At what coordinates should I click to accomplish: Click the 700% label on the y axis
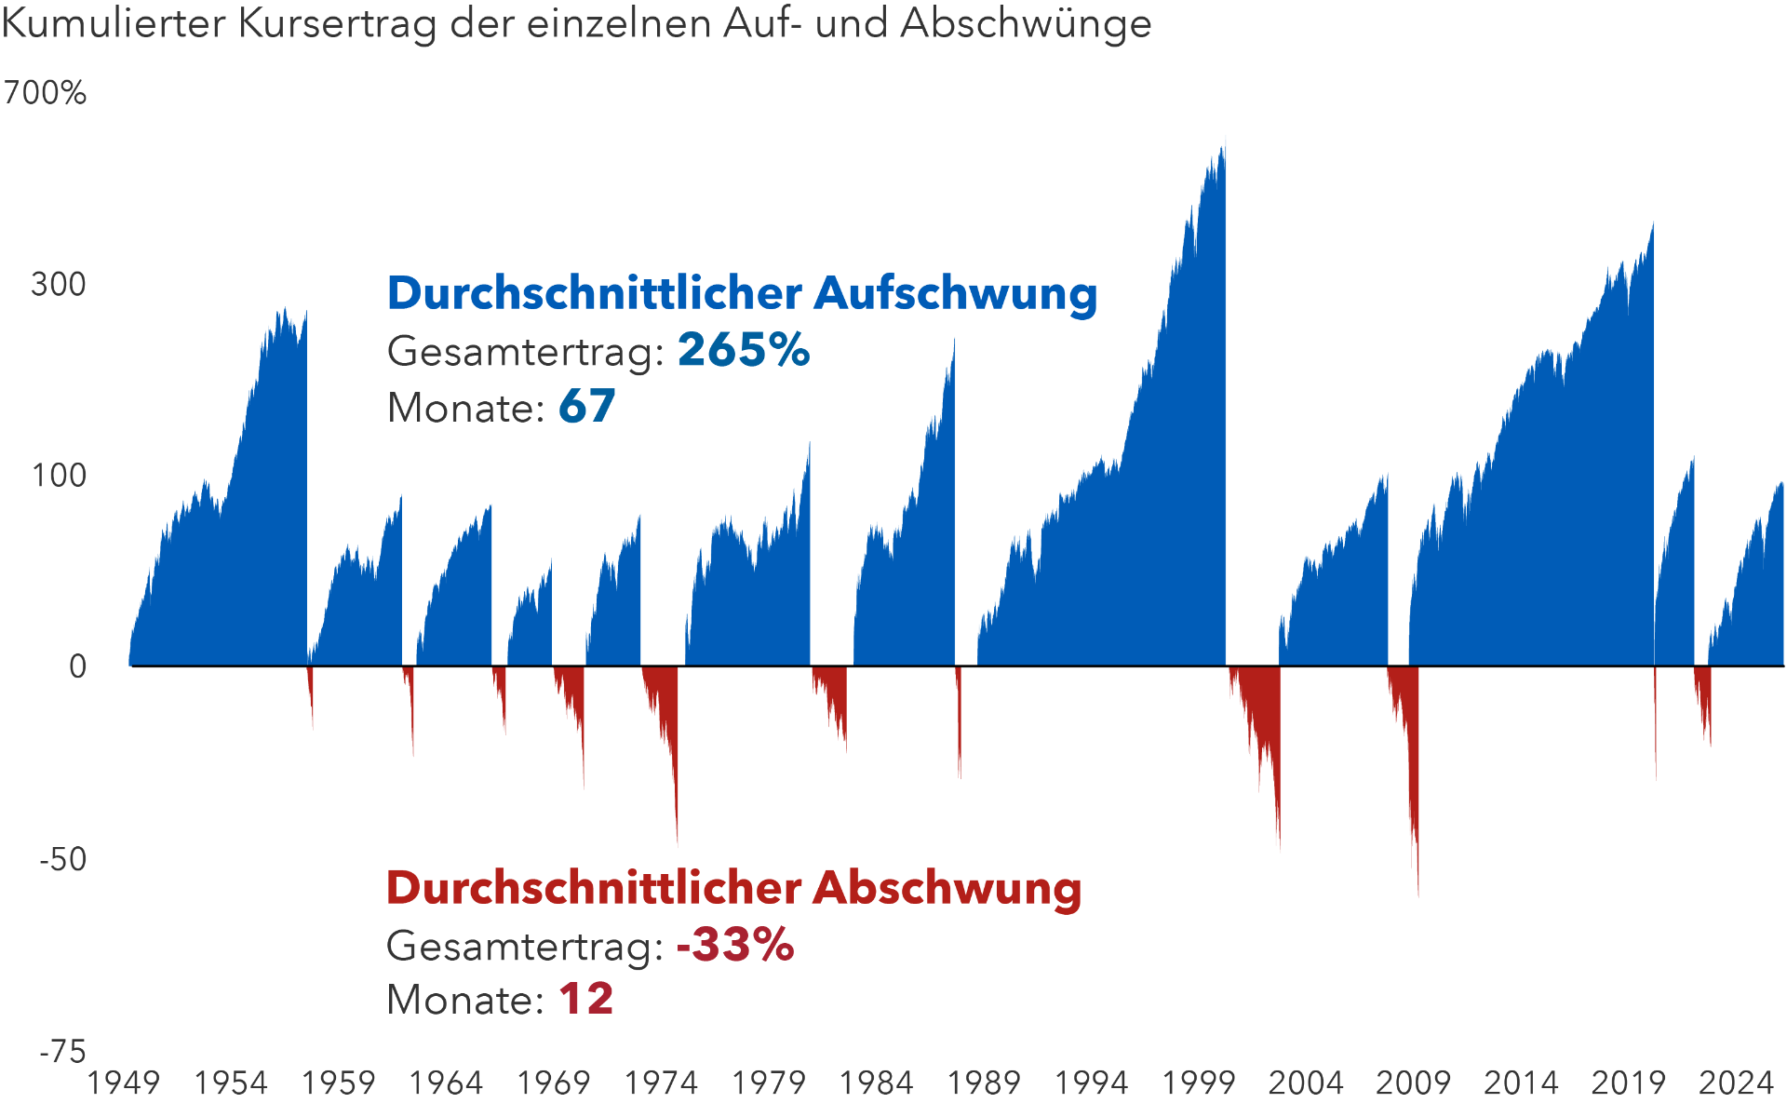[x=45, y=93]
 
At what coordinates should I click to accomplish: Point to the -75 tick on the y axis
[x=62, y=1052]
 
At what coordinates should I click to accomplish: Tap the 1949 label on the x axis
[x=123, y=1083]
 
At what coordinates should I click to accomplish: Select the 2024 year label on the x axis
[x=1736, y=1083]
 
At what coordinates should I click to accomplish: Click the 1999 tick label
[x=1198, y=1083]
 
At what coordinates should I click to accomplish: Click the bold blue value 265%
[x=743, y=351]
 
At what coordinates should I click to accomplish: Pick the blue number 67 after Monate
[x=586, y=407]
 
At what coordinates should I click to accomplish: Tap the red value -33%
[x=735, y=945]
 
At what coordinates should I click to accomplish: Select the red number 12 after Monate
[x=585, y=1000]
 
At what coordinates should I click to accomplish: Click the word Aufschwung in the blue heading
[x=955, y=293]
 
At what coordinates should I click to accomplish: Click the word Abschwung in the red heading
[x=947, y=887]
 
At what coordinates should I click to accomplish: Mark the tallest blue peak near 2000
[x=1224, y=140]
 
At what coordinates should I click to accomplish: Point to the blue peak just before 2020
[x=1652, y=226]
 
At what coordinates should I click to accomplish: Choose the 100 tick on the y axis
[x=59, y=476]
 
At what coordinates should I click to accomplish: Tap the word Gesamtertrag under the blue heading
[x=524, y=351]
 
